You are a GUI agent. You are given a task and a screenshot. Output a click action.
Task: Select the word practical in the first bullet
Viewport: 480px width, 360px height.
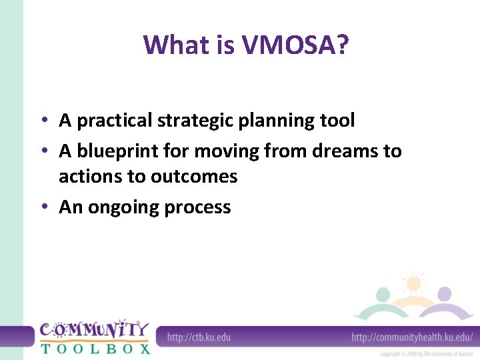point(115,121)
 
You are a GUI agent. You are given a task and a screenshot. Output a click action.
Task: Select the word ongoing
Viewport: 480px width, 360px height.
point(122,207)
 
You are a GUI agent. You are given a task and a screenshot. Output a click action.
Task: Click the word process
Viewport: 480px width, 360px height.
point(197,207)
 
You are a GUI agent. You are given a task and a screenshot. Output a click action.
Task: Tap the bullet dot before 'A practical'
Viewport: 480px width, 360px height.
point(43,121)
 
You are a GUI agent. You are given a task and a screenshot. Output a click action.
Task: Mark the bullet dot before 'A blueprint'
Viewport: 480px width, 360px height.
point(43,151)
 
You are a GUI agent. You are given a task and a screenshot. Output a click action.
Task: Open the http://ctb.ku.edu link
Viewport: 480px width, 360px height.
point(199,337)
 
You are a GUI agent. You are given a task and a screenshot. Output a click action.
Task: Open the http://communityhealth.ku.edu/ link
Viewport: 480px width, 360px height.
point(412,337)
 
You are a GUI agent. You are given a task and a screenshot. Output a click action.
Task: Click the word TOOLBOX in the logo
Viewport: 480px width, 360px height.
point(95,348)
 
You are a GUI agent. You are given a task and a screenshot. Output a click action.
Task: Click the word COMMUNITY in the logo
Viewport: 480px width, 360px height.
point(95,329)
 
